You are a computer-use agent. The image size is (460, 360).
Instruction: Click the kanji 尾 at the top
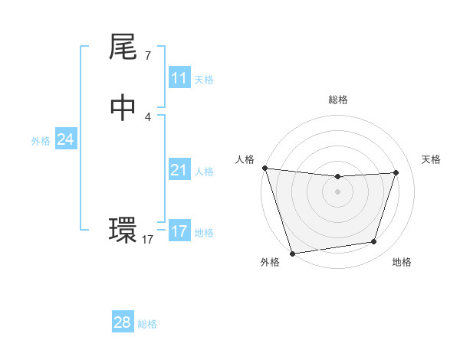123,48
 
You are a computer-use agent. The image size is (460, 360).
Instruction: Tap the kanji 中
123,108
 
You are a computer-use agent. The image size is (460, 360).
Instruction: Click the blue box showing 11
179,78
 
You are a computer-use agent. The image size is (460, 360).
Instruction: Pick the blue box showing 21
179,171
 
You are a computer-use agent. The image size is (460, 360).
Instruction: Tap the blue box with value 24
65,139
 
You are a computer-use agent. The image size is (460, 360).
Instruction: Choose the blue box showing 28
122,322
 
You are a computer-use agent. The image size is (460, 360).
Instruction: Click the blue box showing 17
179,231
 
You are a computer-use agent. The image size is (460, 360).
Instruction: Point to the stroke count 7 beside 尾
147,56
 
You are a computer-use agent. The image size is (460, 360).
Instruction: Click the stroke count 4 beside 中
147,116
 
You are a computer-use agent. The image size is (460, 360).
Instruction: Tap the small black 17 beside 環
147,240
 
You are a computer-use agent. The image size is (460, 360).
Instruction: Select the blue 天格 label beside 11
204,80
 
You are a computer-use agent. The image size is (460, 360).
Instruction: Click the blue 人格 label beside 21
204,172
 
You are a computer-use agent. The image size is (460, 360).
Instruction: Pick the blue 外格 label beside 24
41,141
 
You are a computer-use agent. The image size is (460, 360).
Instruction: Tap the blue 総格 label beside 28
147,324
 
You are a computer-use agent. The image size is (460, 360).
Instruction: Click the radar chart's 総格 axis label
337,100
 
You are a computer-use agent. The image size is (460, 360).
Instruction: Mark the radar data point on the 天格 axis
396,172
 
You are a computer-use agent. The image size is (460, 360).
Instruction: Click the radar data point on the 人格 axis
264,168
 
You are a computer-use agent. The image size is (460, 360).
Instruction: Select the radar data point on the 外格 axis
292,253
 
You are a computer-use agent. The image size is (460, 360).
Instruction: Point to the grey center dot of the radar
337,191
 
